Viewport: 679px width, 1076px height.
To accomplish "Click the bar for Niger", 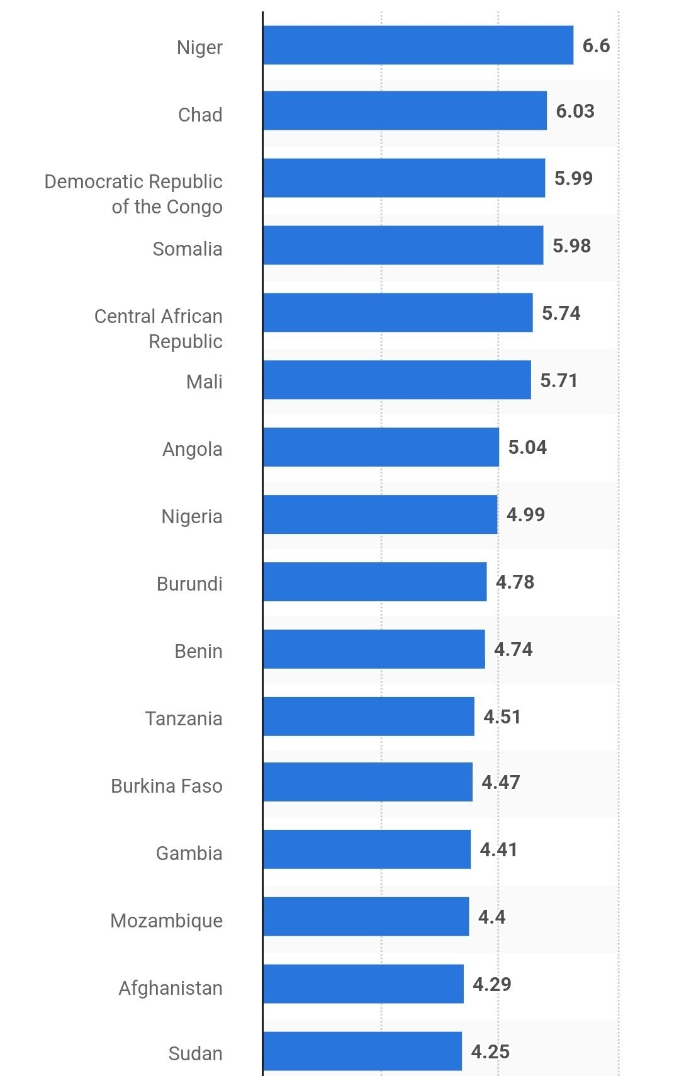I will (418, 45).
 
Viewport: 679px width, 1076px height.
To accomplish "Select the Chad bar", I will (405, 111).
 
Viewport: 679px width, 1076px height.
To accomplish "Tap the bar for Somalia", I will (403, 246).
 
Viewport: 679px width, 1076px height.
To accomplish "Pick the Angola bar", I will (381, 447).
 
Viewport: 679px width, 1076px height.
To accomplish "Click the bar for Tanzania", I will (369, 716).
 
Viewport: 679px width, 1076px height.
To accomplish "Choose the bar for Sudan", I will (362, 1051).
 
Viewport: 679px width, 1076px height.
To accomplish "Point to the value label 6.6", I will (596, 46).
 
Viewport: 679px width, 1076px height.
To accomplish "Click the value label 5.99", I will (573, 178).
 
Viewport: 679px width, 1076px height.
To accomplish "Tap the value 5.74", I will (561, 313).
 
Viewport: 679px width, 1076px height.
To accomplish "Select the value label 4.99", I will (525, 515).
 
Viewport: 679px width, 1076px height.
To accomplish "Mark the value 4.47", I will (501, 783).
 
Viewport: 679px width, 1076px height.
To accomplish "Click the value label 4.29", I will (491, 984).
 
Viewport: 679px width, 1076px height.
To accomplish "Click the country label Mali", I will (204, 382).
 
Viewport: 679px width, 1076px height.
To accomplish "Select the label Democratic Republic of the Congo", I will (133, 194).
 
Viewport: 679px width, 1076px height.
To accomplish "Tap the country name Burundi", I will (189, 584).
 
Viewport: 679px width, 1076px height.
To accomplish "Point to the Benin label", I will (198, 651).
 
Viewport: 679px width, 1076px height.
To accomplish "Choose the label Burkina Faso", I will (167, 786).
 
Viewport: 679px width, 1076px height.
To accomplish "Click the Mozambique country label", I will (167, 920).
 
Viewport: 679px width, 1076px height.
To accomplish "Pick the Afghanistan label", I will (171, 988).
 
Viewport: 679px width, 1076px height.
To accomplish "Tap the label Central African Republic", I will (159, 329).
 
